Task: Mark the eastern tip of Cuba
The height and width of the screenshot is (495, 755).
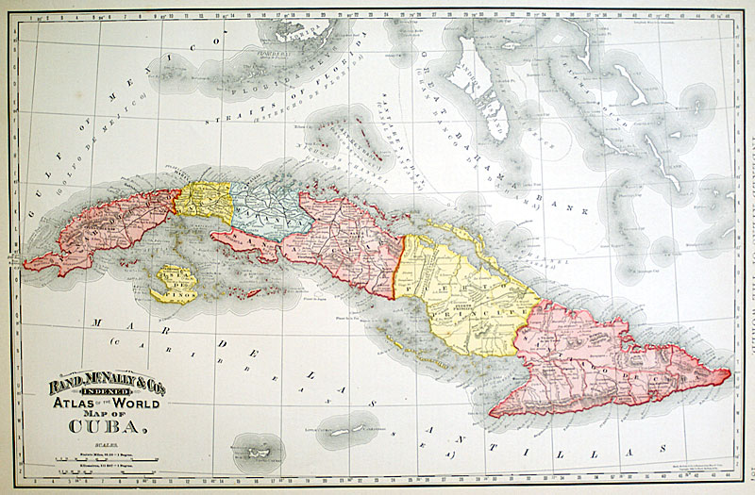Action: tap(730, 376)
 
